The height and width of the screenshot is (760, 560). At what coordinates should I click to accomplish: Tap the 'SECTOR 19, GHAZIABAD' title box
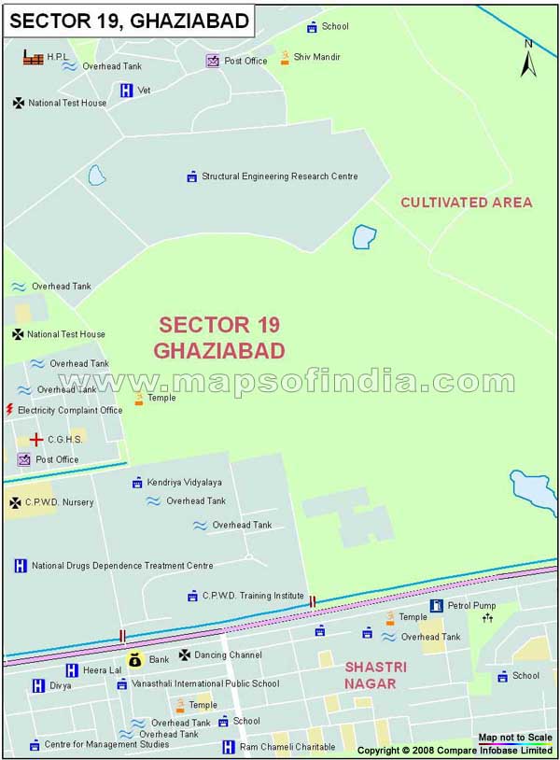coord(129,20)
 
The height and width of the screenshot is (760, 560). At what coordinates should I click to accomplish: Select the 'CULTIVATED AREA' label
coord(467,202)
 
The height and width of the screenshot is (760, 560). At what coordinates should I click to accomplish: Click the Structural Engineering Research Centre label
coord(279,176)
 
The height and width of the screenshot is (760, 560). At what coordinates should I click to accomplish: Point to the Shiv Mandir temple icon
coord(285,58)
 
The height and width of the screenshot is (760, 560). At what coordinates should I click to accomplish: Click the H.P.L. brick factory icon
coord(34,58)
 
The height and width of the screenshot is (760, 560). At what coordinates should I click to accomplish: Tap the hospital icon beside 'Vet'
coord(126,91)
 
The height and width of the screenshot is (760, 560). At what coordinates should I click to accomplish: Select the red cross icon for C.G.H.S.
coord(35,439)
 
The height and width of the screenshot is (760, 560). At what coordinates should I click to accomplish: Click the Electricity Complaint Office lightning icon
coord(10,410)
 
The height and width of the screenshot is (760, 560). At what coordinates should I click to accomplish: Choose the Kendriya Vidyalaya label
coord(184,483)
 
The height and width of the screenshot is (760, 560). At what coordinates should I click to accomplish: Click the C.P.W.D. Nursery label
coord(60,502)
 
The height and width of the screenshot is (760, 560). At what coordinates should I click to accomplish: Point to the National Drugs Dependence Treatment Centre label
coord(122,566)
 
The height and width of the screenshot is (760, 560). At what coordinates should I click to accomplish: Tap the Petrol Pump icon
coord(436,606)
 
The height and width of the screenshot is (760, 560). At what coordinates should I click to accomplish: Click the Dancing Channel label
coord(228,655)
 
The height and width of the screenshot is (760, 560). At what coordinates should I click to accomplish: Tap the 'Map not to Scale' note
coord(515,738)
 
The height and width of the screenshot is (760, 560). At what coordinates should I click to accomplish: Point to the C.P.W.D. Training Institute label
coord(253,596)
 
